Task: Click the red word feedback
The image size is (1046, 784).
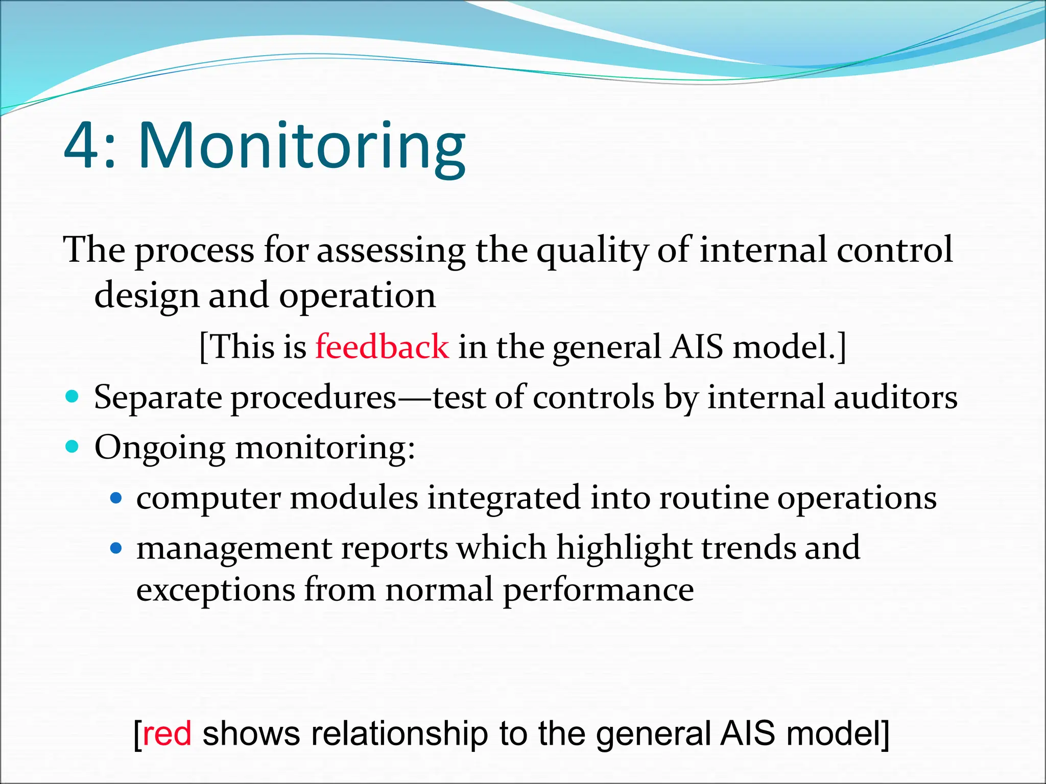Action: pyautogui.click(x=382, y=347)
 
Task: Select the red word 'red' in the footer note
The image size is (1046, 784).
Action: pyautogui.click(x=167, y=733)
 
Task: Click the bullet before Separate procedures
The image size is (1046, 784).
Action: pyautogui.click(x=73, y=397)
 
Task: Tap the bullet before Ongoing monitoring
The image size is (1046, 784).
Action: pyautogui.click(x=73, y=447)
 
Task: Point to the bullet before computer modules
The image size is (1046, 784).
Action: pyautogui.click(x=116, y=497)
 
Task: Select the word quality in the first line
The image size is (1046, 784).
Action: pyautogui.click(x=592, y=251)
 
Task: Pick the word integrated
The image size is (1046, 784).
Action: pyautogui.click(x=504, y=498)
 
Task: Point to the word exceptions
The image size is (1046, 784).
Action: pyautogui.click(x=216, y=591)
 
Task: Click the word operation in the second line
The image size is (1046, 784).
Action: pyautogui.click(x=357, y=296)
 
